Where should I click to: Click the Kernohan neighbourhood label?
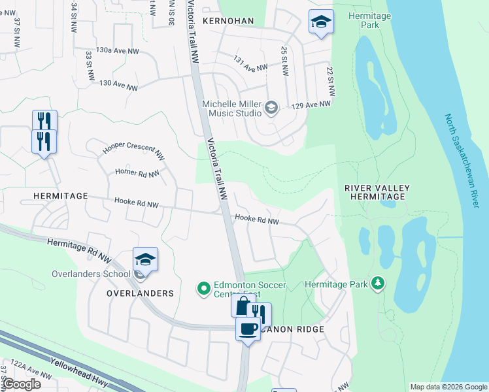pos(228,21)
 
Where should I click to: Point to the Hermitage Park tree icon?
pos(377,284)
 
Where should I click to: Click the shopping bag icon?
pos(243,306)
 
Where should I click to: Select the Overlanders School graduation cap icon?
pos(145,259)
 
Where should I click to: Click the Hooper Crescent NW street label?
pos(133,150)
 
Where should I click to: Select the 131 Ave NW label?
pos(250,63)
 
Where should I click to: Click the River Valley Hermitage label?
pos(377,192)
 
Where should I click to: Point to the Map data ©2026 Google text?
pos(447,387)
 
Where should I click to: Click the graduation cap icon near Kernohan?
pos(321,22)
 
